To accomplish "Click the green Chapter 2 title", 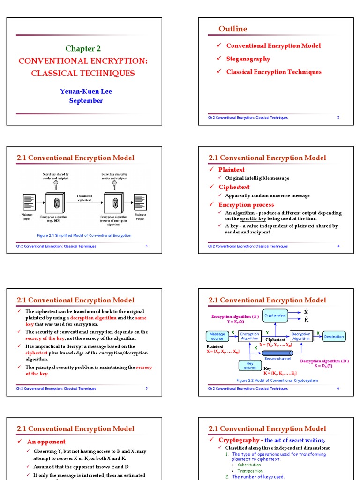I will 83,48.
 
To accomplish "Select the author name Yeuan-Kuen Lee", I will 86,91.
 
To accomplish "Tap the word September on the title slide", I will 86,100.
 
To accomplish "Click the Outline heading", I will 232,29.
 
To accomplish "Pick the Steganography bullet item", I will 248,59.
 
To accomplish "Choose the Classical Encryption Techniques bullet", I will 274,72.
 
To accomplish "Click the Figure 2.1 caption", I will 84,235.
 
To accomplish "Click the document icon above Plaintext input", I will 28,202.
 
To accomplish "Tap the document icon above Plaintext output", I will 140,202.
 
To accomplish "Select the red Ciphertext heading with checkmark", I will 234,187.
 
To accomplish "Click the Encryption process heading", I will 246,205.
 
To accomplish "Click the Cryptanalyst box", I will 275,315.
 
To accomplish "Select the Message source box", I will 217,336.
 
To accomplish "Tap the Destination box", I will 334,336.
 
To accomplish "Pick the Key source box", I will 250,365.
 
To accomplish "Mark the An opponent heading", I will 46,442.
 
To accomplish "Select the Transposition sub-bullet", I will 250,471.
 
